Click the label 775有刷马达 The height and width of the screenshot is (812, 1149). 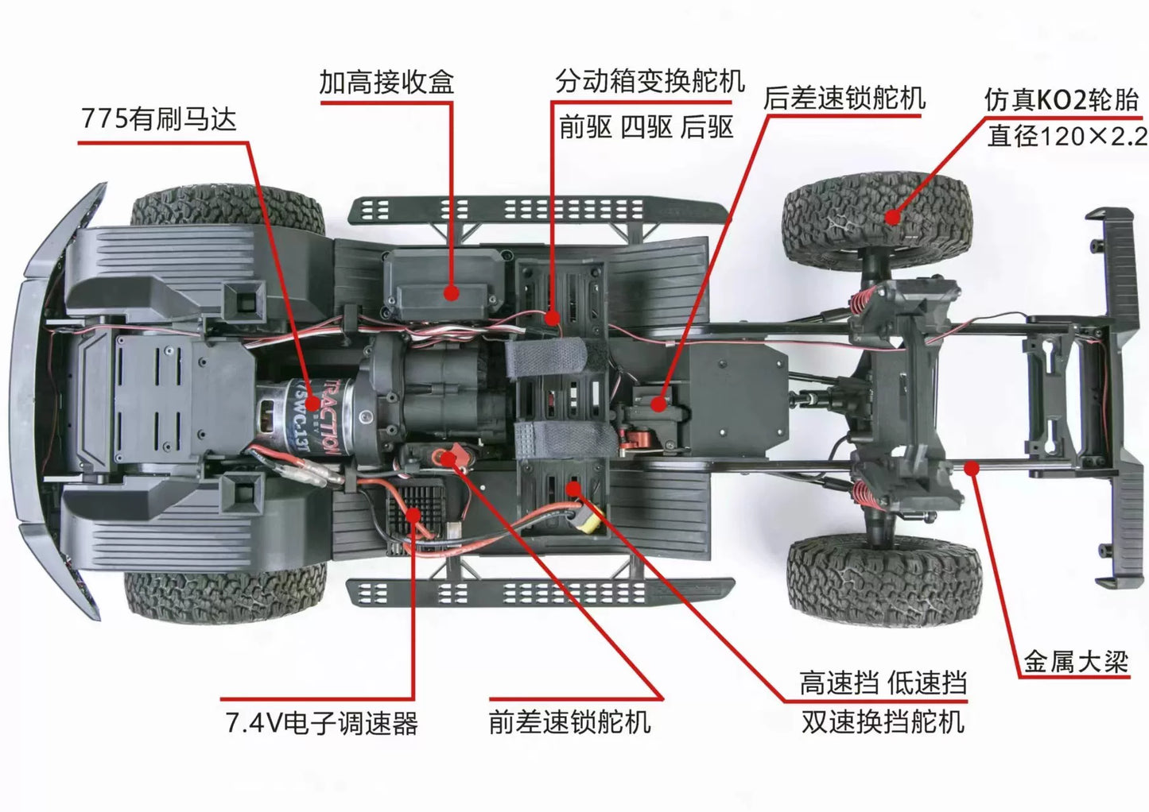[x=159, y=119]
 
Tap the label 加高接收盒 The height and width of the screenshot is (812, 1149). [x=386, y=82]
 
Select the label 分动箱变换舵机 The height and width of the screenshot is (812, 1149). [x=650, y=81]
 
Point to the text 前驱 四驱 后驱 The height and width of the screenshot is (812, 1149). [x=646, y=126]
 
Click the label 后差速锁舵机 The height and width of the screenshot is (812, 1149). [x=844, y=98]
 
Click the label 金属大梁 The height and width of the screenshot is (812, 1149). [x=1076, y=661]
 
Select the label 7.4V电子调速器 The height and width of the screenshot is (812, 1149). [x=321, y=723]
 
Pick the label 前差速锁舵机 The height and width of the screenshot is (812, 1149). [x=570, y=722]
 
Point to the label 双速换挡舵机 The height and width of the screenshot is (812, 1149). [x=883, y=722]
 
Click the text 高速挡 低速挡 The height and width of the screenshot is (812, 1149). [x=883, y=682]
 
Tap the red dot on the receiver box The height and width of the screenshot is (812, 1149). [x=452, y=293]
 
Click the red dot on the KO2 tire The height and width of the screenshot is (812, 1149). [x=893, y=218]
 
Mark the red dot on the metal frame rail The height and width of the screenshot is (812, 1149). [x=971, y=468]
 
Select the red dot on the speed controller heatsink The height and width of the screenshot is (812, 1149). [x=413, y=514]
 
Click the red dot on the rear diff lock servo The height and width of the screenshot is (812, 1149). [x=658, y=405]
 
